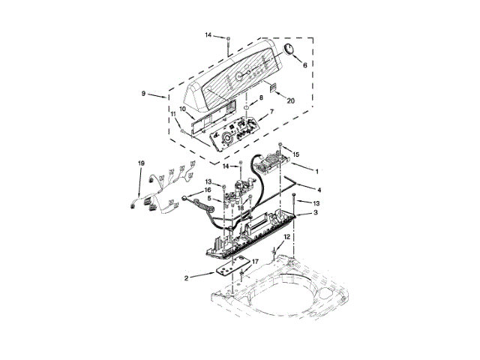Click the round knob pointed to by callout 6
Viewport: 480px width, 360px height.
click(288, 49)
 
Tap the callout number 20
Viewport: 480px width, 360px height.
click(290, 100)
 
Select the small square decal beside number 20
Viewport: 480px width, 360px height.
click(273, 88)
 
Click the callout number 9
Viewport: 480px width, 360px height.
click(143, 93)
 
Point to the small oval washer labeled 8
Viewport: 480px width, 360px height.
click(246, 108)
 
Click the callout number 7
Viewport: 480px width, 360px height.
click(271, 112)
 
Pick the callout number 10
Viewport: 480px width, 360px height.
click(182, 109)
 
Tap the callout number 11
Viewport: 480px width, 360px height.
click(173, 114)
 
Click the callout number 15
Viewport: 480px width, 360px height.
click(295, 154)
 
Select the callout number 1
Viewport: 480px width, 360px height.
click(317, 172)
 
